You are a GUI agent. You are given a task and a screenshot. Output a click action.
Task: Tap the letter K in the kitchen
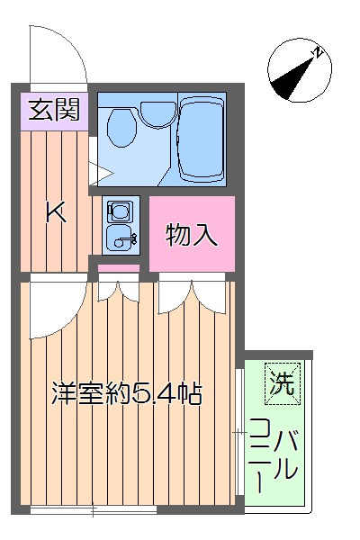coord(55,213)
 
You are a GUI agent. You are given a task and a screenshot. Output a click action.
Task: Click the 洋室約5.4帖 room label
coord(125,393)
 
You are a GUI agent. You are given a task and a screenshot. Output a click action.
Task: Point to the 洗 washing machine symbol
coord(283,385)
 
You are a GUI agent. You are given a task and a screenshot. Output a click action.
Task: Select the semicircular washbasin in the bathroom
coord(157,112)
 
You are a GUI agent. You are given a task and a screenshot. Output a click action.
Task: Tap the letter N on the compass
coord(318,53)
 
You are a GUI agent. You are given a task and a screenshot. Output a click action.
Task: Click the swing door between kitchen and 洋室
coord(54,310)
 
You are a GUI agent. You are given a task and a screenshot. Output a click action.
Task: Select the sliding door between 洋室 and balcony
coord(238,432)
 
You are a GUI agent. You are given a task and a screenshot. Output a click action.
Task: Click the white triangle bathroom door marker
coord(95,166)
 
